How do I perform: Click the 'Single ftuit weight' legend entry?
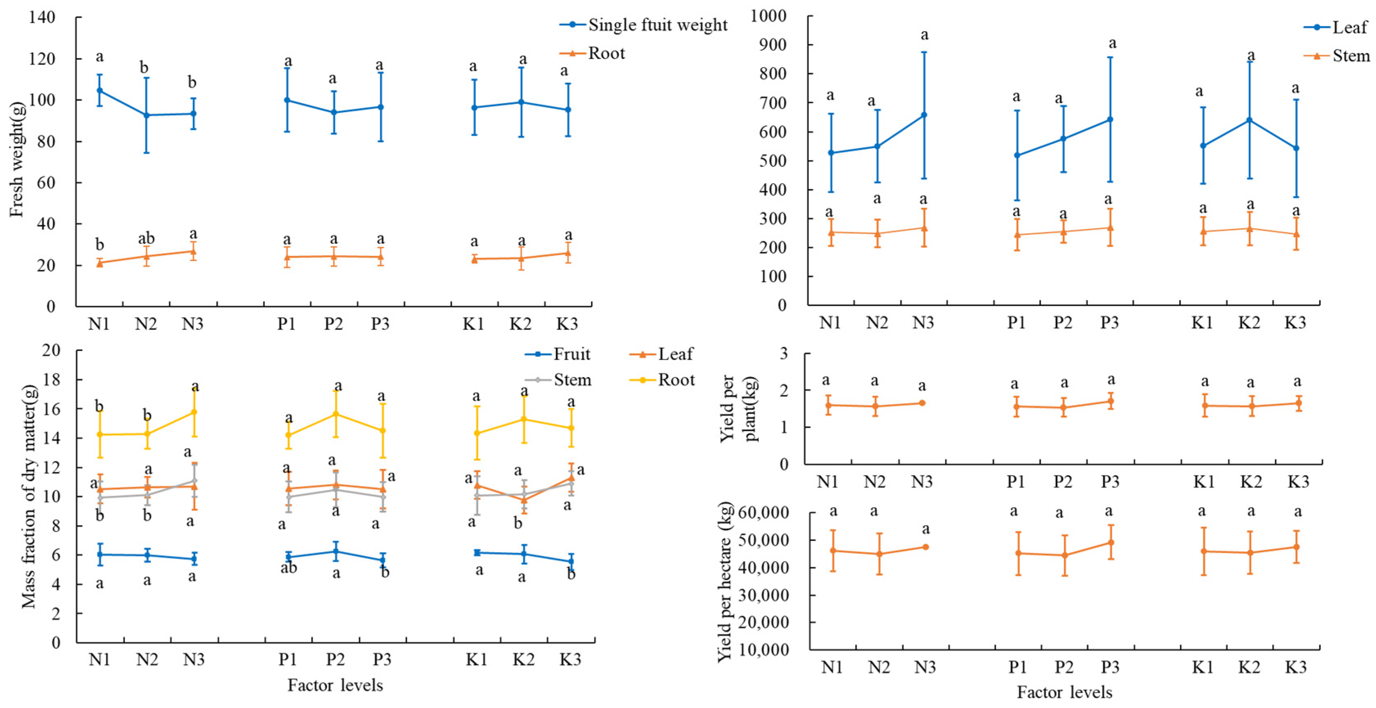[644, 25]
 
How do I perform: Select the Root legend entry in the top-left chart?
[593, 54]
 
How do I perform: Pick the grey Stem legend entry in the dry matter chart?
[558, 380]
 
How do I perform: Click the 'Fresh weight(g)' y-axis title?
[17, 159]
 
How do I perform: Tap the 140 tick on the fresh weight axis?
[42, 18]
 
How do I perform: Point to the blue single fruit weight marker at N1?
[99, 90]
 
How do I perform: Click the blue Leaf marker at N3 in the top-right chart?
[924, 115]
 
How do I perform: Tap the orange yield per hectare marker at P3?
[1111, 542]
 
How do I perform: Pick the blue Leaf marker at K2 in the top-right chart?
[1249, 120]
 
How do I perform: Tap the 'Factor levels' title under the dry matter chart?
[335, 685]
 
